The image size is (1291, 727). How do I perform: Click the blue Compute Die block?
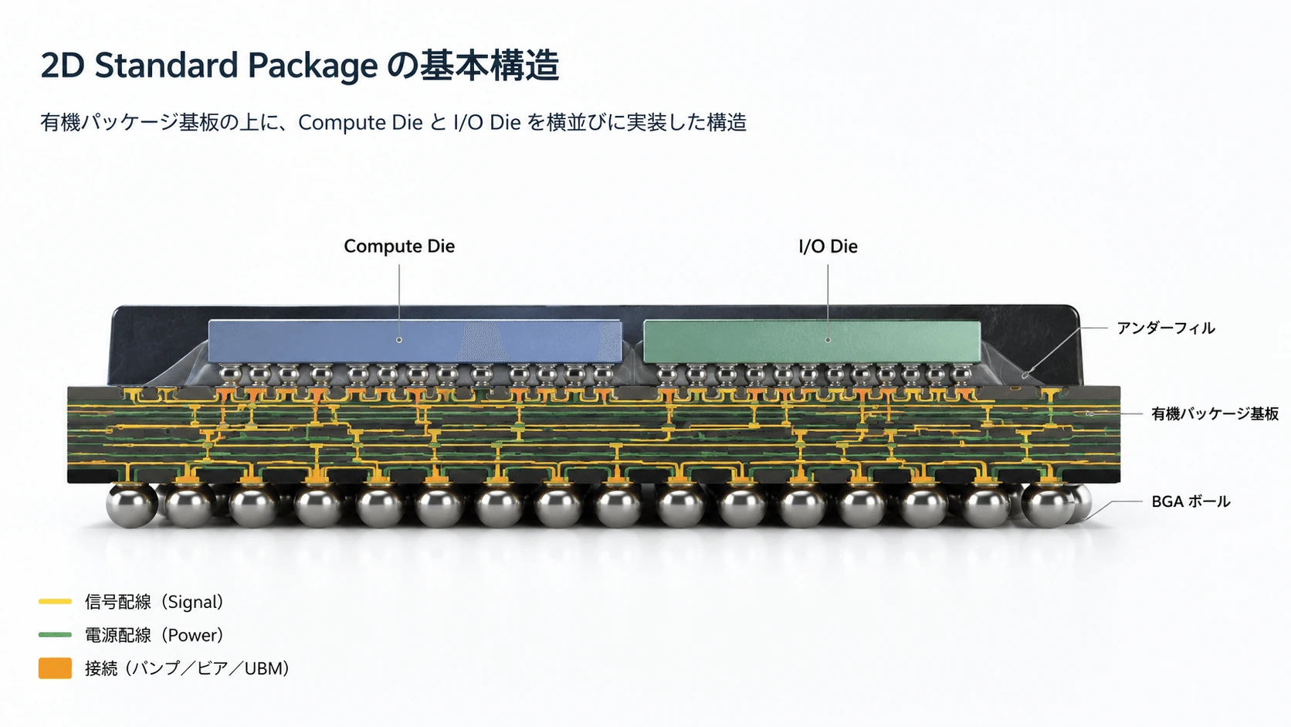415,341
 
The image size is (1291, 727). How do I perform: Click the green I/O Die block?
812,342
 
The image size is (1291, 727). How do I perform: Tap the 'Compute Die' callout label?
399,246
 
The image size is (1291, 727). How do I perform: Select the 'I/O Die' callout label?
828,246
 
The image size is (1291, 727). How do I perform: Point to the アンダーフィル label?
1166,328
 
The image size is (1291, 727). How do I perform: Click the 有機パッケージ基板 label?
1215,413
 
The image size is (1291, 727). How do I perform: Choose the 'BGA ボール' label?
1191,501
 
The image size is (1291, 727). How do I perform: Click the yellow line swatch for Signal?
56,601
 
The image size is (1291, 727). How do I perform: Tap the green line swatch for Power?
56,635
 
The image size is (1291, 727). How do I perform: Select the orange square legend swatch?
56,668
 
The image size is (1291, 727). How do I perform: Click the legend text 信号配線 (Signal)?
154,602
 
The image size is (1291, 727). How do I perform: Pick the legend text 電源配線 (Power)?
154,635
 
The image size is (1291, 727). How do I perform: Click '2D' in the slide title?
63,65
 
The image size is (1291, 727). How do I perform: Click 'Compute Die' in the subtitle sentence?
361,123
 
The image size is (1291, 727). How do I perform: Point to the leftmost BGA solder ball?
131,504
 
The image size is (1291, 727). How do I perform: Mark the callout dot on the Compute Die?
399,340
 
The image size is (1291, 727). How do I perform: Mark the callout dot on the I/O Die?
828,340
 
